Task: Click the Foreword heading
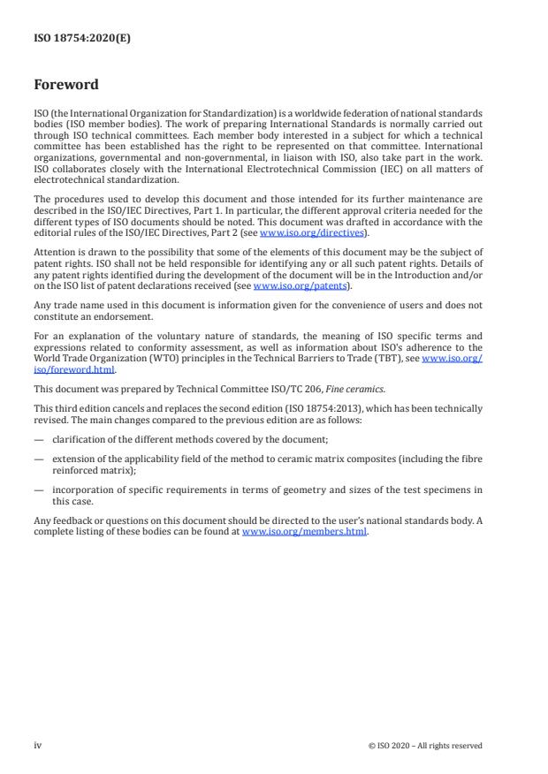point(66,85)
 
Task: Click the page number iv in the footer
point(37,745)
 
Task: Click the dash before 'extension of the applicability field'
point(38,459)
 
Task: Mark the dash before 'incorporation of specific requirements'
point(38,489)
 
